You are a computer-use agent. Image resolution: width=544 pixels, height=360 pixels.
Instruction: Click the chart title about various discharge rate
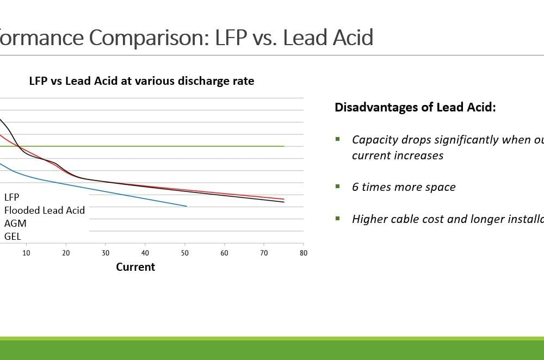[141, 81]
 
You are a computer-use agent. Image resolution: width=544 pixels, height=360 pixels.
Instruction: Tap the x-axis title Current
[135, 267]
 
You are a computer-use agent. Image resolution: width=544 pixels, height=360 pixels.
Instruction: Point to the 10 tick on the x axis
[26, 253]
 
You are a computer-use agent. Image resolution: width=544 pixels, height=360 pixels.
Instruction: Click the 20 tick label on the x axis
[66, 253]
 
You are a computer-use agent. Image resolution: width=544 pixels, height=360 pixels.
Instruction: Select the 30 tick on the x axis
[106, 253]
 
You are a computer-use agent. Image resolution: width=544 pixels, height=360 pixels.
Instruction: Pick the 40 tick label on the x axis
[145, 253]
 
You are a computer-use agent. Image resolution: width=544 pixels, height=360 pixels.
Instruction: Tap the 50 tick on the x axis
[185, 253]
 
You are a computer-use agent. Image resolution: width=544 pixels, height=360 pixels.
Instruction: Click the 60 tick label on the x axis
[224, 253]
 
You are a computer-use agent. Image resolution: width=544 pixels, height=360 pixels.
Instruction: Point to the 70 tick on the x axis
[264, 253]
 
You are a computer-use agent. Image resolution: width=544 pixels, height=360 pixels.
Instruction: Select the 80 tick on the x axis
[304, 253]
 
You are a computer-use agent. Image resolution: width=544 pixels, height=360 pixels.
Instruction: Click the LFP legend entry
[12, 197]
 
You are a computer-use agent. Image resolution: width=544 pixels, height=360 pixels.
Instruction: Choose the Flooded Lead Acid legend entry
[45, 210]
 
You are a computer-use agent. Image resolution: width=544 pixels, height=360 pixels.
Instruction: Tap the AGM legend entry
[15, 223]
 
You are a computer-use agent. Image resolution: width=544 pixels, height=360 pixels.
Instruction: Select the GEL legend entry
[13, 237]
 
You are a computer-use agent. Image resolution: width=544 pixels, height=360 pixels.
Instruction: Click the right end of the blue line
[187, 206]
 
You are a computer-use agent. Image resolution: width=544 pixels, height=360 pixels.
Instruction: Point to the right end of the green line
[284, 146]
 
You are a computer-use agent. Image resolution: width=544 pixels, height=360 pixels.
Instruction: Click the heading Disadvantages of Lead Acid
[415, 107]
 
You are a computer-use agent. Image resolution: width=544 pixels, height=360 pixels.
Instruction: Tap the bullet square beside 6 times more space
[338, 187]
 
